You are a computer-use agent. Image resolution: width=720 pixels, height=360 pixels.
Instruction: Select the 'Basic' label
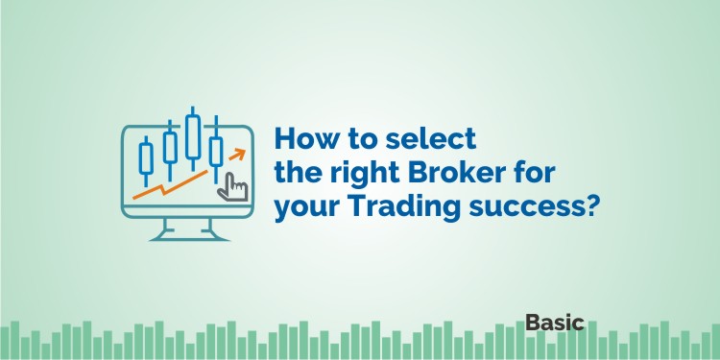pyautogui.click(x=555, y=323)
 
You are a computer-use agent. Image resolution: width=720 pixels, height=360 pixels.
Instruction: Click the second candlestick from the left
pyautogui.click(x=170, y=147)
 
